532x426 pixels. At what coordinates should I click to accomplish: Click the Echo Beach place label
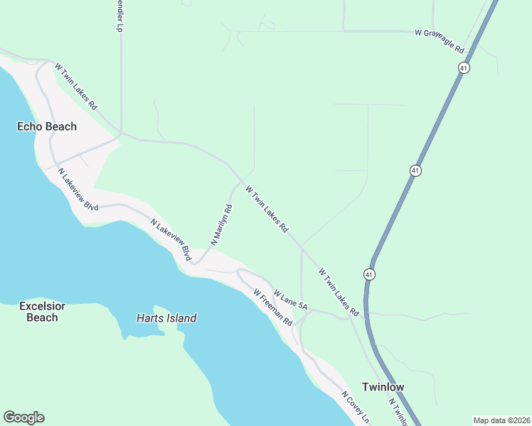pyautogui.click(x=47, y=126)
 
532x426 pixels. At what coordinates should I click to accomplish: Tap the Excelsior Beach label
pyautogui.click(x=42, y=312)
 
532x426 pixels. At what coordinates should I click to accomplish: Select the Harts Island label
pyautogui.click(x=166, y=319)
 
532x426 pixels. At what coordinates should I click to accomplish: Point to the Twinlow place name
pyautogui.click(x=383, y=387)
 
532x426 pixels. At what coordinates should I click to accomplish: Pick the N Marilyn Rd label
pyautogui.click(x=220, y=225)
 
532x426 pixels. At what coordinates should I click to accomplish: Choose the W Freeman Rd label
pyautogui.click(x=273, y=307)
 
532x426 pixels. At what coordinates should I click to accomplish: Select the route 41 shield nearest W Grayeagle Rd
pyautogui.click(x=464, y=67)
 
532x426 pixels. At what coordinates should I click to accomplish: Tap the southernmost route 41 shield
pyautogui.click(x=368, y=274)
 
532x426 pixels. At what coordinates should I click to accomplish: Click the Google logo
pyautogui.click(x=23, y=417)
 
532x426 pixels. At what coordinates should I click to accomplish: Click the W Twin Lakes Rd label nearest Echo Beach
pyautogui.click(x=75, y=87)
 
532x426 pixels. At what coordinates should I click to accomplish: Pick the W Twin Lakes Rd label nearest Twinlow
pyautogui.click(x=339, y=292)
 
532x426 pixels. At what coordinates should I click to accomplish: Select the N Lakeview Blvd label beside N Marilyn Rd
pyautogui.click(x=171, y=237)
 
